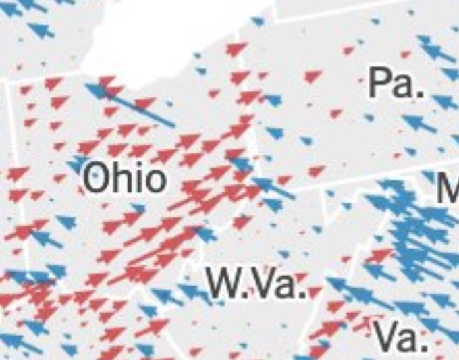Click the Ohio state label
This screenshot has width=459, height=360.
coord(124,179)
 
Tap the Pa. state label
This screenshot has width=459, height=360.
coord(397,83)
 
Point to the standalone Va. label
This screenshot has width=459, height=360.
coord(402,336)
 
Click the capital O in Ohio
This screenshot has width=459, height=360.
coord(96,179)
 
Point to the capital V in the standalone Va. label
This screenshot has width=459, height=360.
coord(386,336)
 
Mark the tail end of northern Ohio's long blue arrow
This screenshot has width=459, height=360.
coord(173,126)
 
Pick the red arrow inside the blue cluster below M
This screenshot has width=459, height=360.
coord(382,255)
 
